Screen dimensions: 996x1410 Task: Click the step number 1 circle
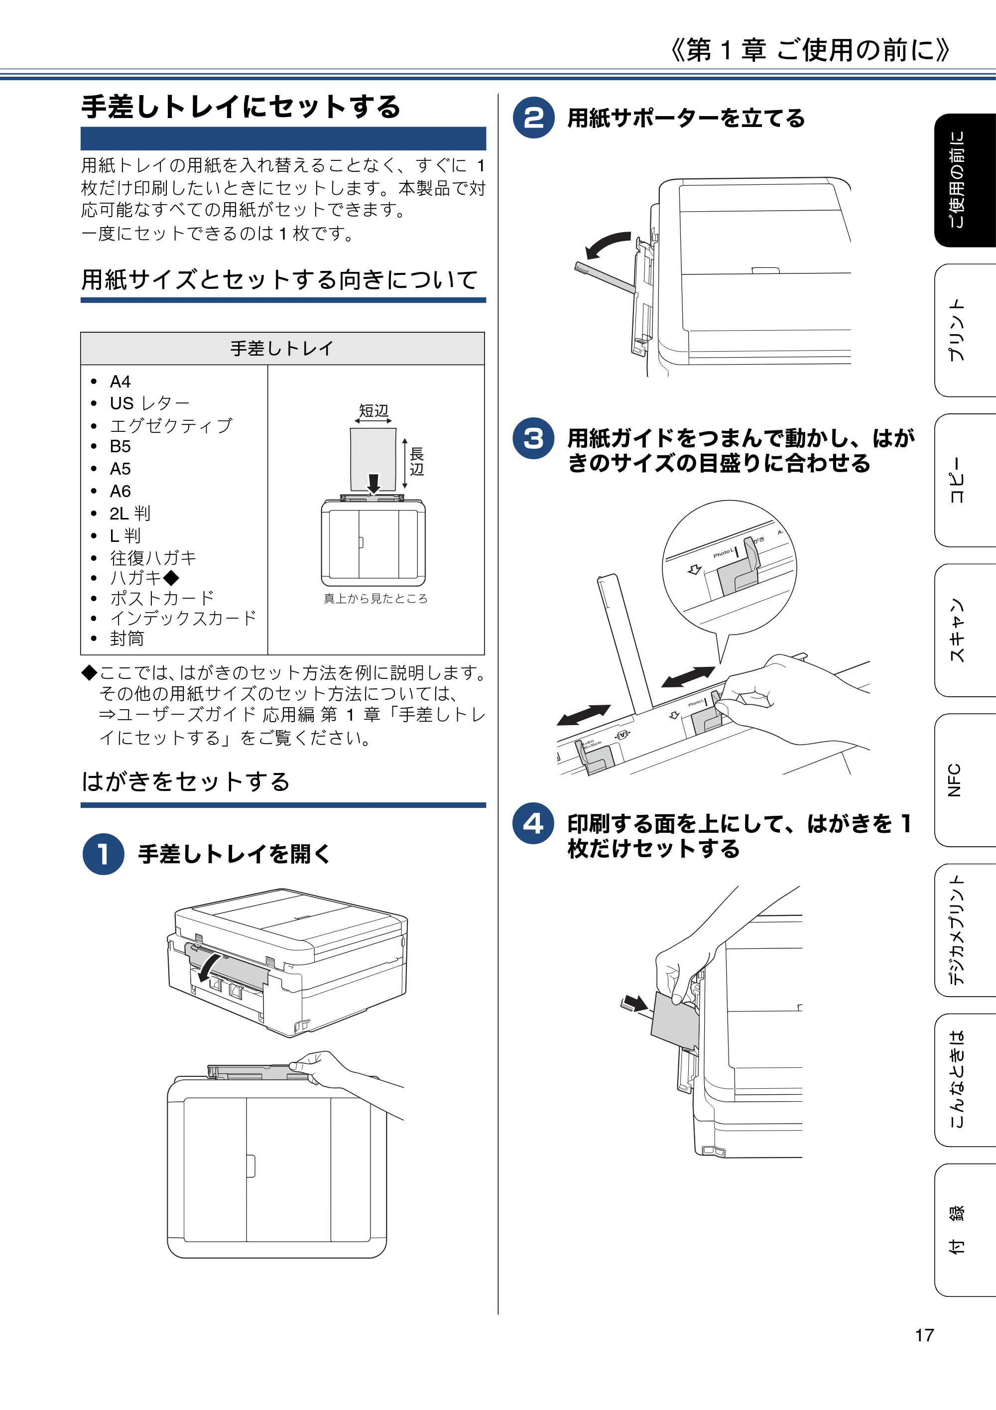point(103,854)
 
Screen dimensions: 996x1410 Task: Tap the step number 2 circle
point(534,118)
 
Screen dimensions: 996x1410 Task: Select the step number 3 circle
point(534,438)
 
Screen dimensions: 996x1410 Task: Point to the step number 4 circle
point(534,823)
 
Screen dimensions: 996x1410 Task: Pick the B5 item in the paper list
point(121,446)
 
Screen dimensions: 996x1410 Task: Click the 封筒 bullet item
point(127,639)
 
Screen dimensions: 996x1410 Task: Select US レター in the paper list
point(149,403)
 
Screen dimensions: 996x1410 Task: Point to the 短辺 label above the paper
point(373,410)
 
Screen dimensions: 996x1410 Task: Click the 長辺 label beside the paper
point(417,462)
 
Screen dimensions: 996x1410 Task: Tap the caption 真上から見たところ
point(375,598)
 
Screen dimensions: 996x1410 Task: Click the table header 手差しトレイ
point(282,349)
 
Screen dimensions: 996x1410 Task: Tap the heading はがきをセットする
point(185,781)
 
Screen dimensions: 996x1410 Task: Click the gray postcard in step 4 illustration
point(674,1020)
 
